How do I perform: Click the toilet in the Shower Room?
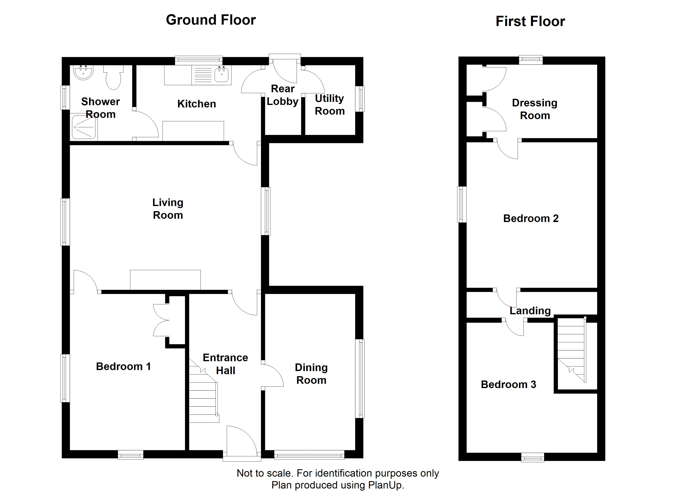click(x=113, y=77)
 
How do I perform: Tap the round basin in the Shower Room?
click(x=83, y=73)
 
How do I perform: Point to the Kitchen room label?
click(x=197, y=104)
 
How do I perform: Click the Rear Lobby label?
click(x=282, y=95)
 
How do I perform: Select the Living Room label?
click(x=168, y=209)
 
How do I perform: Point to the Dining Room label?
click(x=311, y=374)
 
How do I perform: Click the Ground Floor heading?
click(x=211, y=20)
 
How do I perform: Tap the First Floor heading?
click(x=530, y=22)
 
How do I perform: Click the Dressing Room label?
click(x=535, y=109)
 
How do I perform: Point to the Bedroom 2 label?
click(x=531, y=218)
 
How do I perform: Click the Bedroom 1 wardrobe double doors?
click(x=161, y=320)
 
